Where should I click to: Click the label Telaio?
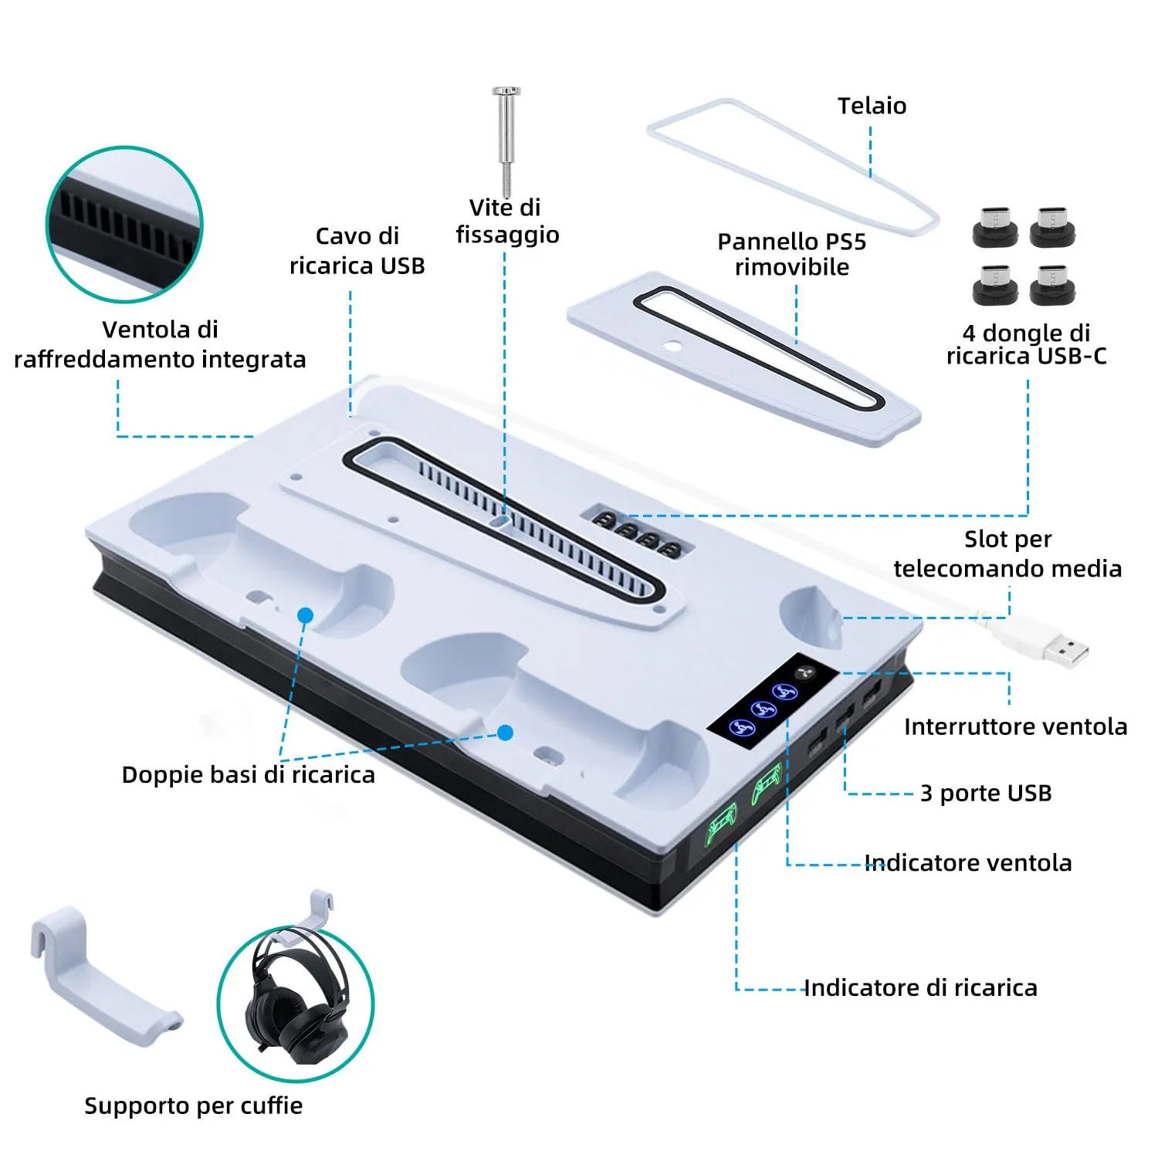872,106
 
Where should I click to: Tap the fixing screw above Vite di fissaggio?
506,141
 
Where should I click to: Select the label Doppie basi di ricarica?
248,774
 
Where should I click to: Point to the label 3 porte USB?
986,793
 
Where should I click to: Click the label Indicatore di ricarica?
921,987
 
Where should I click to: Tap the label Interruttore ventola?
1015,726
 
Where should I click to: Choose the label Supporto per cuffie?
193,1106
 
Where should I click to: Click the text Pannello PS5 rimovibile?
792,254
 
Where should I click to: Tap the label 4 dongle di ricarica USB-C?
1026,344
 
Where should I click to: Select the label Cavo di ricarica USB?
357,250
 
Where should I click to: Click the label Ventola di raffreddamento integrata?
160,344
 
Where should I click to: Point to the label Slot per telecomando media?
1007,554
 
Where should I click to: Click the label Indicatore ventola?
968,862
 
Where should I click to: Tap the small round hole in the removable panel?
675,345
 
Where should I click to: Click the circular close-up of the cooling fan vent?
124,224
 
